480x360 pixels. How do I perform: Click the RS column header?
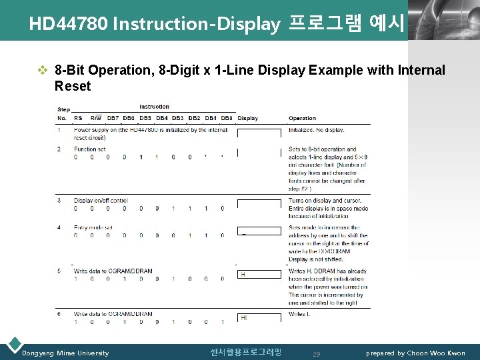pyautogui.click(x=78, y=119)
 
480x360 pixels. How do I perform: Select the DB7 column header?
pyautogui.click(x=113, y=119)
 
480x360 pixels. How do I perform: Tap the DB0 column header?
pyautogui.click(x=226, y=119)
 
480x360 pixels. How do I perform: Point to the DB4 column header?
pyautogui.click(x=161, y=119)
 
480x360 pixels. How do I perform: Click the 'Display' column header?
pyautogui.click(x=247, y=119)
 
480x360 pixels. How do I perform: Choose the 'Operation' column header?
pyautogui.click(x=302, y=119)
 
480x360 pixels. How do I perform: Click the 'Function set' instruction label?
pyautogui.click(x=89, y=149)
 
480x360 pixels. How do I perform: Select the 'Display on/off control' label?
pyautogui.click(x=101, y=200)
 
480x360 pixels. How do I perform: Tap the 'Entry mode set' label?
pyautogui.click(x=93, y=227)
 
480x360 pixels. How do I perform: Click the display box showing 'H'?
pyautogui.click(x=259, y=274)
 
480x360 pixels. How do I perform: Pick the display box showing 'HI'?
pyautogui.click(x=259, y=318)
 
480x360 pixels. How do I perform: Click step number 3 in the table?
pyautogui.click(x=59, y=200)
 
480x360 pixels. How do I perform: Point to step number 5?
pyautogui.click(x=59, y=271)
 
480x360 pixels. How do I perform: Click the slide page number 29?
pyautogui.click(x=317, y=354)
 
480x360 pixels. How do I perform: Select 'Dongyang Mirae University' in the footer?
pyautogui.click(x=65, y=353)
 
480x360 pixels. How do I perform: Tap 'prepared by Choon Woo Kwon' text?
pyautogui.click(x=415, y=353)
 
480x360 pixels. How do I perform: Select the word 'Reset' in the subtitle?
pyautogui.click(x=72, y=86)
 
